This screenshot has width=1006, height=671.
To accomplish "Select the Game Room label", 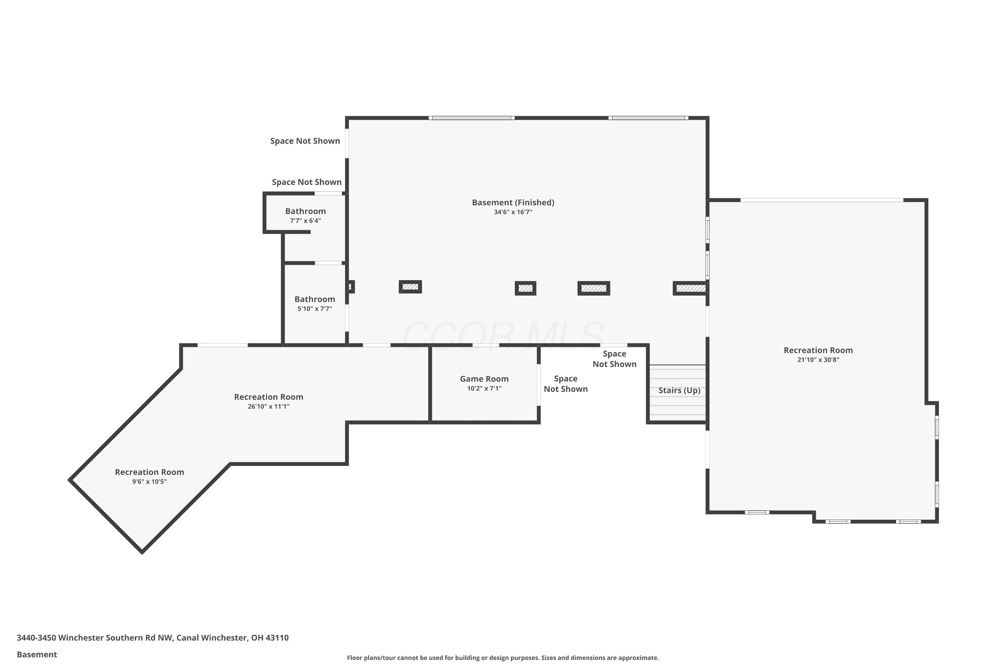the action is click(x=484, y=379).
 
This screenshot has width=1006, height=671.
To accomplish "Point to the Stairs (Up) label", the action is click(x=679, y=390).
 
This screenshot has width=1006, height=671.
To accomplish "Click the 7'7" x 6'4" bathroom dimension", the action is click(x=305, y=221).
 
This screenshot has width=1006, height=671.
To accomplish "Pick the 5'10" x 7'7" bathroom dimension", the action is click(x=315, y=309).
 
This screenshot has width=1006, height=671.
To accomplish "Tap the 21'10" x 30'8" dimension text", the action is click(x=818, y=360).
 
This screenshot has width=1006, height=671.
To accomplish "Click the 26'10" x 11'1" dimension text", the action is click(x=269, y=407).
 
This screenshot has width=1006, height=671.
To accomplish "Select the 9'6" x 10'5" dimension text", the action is click(x=149, y=482).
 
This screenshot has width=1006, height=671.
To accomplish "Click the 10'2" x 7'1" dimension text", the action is click(x=484, y=389).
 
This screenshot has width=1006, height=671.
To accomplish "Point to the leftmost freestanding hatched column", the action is click(x=410, y=287).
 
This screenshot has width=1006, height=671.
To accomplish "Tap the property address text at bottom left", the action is click(x=153, y=638).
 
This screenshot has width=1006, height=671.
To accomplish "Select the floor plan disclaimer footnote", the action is click(x=503, y=658).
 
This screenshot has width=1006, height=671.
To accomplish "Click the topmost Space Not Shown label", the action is click(x=305, y=141).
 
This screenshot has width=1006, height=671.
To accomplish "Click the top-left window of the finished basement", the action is click(x=472, y=118).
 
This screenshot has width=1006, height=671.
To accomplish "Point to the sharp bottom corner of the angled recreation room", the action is click(x=142, y=553).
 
